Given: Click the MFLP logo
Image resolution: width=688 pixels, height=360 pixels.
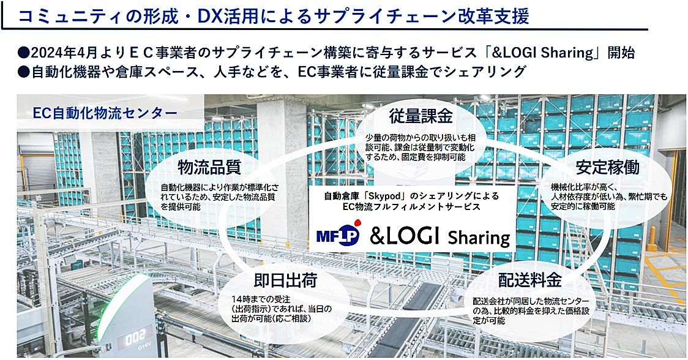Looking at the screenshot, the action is click(x=338, y=233).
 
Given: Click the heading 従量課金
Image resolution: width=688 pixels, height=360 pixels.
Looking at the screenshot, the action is click(x=421, y=116).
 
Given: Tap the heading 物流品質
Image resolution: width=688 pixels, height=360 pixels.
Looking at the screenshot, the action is click(x=209, y=167).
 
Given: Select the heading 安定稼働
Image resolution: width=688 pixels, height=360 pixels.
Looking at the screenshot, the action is click(x=607, y=167).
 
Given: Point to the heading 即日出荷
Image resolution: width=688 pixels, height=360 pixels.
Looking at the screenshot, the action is click(x=285, y=280).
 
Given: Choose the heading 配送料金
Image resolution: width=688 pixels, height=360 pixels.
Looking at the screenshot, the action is click(x=529, y=280).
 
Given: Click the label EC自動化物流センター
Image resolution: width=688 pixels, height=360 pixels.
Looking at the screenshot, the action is click(x=105, y=113).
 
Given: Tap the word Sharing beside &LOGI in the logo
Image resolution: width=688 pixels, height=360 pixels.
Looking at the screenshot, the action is click(x=479, y=238).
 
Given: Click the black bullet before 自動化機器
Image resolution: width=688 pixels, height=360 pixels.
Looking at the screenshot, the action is click(x=24, y=72).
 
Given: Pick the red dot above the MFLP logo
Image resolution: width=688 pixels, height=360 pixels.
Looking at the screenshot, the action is click(x=357, y=222).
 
